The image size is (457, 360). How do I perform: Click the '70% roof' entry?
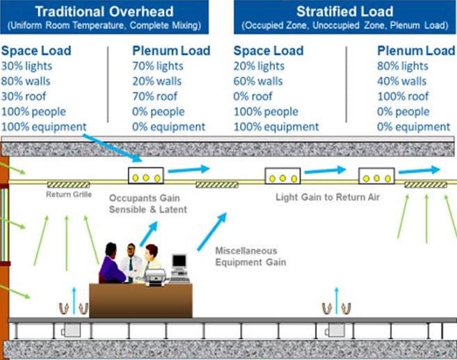coord(156,97)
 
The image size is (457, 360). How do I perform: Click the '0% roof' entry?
coord(253,97)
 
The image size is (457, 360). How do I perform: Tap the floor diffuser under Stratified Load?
coord(336,307)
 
